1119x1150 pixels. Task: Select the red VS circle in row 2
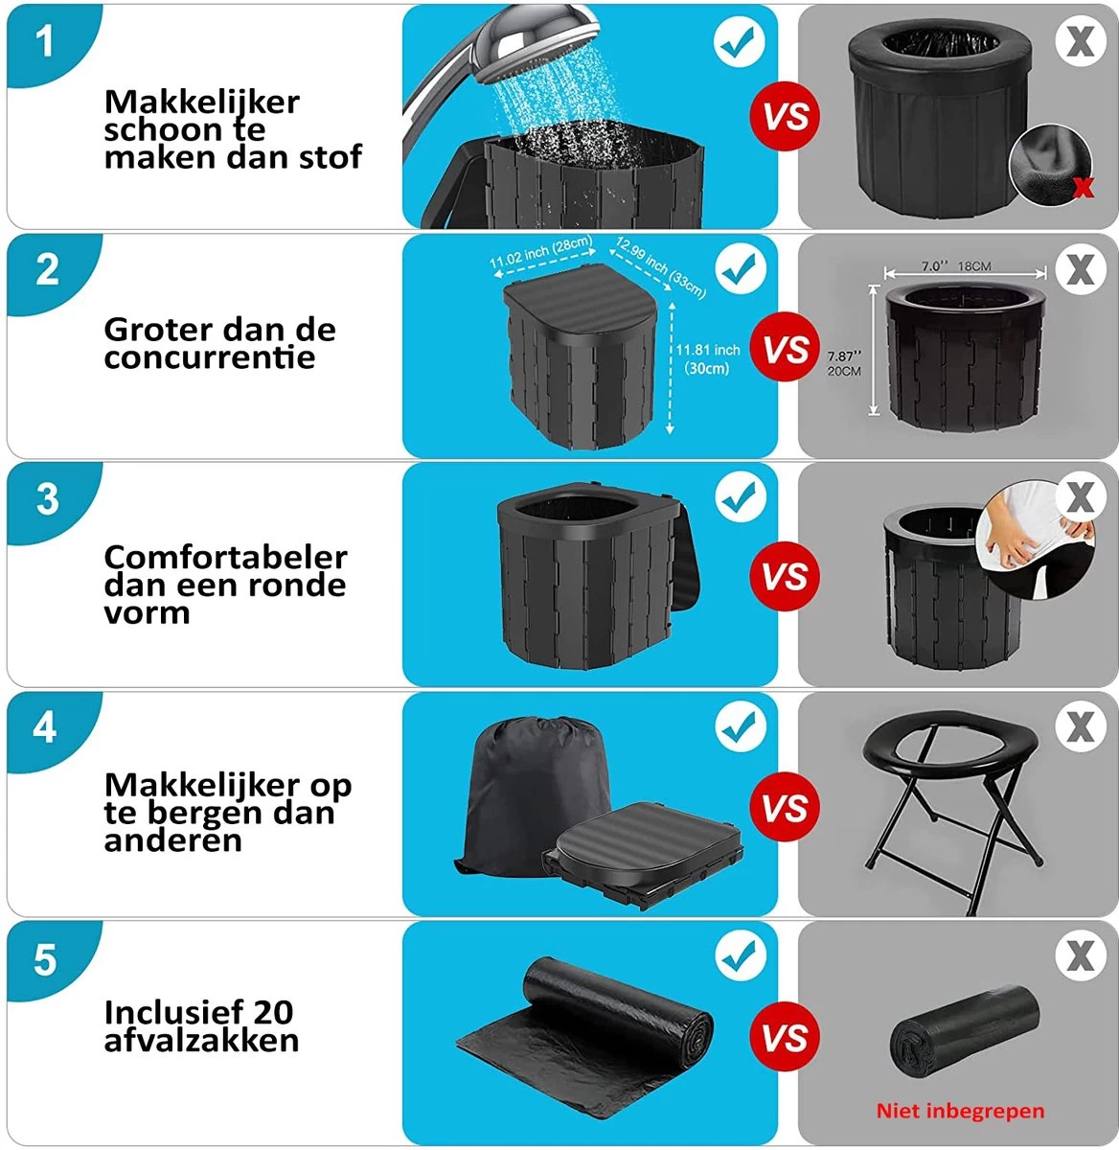coord(786,349)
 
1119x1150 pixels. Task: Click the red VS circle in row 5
coord(786,1038)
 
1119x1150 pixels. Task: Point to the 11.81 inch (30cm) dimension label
coord(707,358)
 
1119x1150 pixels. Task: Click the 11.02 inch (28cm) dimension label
coord(540,253)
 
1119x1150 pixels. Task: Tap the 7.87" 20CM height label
coord(843,363)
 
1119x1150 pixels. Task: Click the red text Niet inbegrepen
coord(960,1111)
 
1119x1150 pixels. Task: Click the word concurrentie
coord(209,358)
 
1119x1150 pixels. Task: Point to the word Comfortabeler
coord(225,557)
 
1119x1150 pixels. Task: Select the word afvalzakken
coord(201,1041)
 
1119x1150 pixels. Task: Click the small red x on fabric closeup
coord(1083,187)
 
